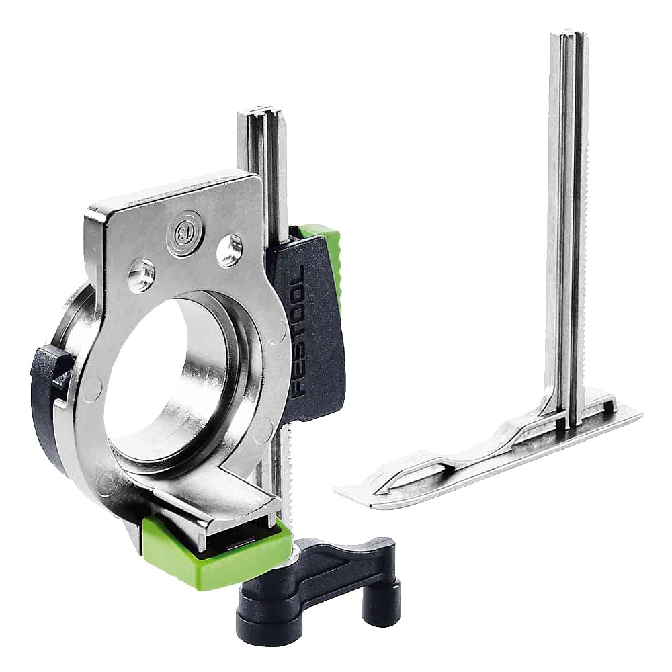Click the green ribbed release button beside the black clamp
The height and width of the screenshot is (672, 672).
331,257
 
